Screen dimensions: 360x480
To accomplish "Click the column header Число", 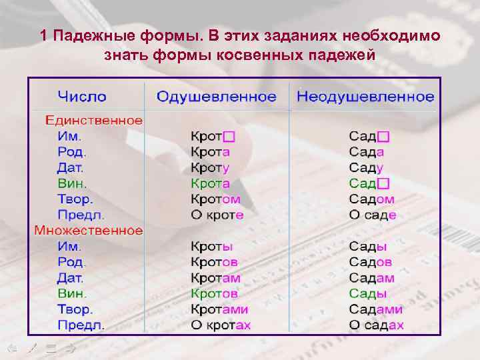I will [x=82, y=97].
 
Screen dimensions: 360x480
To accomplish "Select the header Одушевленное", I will [x=216, y=97].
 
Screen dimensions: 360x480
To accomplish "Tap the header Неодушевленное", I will [x=365, y=97].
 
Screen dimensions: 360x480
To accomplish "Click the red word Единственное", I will [x=93, y=121].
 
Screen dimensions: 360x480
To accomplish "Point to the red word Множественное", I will [x=89, y=231].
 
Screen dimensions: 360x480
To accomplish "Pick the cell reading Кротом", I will [x=216, y=199].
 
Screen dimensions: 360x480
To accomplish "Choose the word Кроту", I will [x=210, y=167].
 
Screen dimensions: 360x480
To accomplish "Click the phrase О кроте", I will [x=217, y=215].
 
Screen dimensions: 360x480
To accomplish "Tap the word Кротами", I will [x=219, y=309].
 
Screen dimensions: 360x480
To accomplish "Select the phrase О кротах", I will [x=221, y=325].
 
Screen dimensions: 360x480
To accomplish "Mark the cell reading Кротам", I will [x=215, y=278].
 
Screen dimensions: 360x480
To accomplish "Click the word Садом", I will [x=371, y=199].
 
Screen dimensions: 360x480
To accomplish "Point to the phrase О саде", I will [x=373, y=215].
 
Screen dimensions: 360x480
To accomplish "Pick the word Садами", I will [x=375, y=309].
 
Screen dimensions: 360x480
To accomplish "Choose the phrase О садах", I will [x=376, y=325].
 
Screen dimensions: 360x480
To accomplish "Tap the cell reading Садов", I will [x=371, y=262].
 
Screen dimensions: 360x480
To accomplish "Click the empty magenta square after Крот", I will [x=229, y=137].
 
